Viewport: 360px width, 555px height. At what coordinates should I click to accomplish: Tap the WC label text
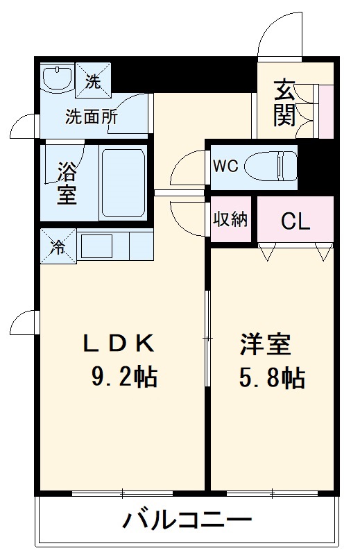(225, 166)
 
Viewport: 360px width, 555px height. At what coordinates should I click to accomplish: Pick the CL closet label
(295, 221)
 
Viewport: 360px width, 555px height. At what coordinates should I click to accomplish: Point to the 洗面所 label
(91, 116)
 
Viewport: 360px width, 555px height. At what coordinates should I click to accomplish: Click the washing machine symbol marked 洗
(92, 78)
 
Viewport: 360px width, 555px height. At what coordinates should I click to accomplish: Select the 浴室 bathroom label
(67, 182)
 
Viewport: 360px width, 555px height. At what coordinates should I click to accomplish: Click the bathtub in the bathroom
(123, 182)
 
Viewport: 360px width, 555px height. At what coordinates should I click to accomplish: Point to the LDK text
(117, 342)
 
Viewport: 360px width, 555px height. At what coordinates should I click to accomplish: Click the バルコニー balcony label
(188, 520)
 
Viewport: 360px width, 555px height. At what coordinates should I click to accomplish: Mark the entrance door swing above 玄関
(281, 35)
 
